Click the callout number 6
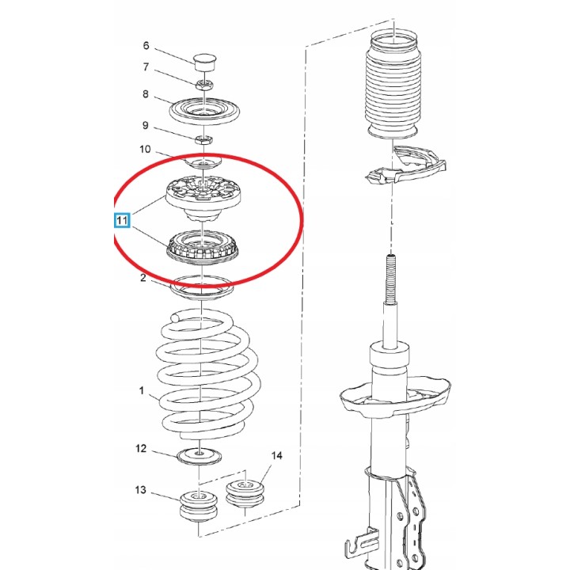[146, 45]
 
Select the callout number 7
[146, 67]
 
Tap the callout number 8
[146, 94]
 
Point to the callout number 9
[146, 125]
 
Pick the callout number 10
[145, 149]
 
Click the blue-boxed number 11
[122, 220]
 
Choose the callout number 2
[143, 278]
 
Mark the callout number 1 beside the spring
[142, 391]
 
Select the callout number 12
[141, 449]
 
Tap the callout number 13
[141, 490]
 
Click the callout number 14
[276, 455]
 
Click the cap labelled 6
[205, 63]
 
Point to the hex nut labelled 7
[204, 85]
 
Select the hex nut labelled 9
[204, 139]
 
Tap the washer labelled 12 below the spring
[199, 456]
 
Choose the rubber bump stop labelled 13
[199, 506]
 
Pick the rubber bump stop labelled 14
[245, 494]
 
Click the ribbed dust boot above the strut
[393, 85]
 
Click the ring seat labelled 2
[201, 288]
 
